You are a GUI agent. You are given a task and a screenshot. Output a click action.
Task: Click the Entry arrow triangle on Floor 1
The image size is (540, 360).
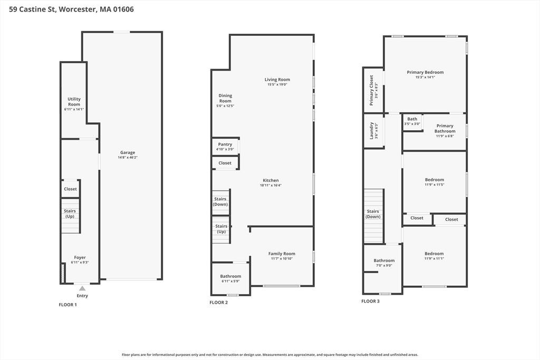(82, 288)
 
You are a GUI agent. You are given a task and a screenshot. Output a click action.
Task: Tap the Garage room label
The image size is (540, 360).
(128, 152)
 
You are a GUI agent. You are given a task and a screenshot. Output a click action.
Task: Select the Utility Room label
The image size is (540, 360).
(74, 102)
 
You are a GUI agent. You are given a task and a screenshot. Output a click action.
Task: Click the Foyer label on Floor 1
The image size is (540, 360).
(80, 257)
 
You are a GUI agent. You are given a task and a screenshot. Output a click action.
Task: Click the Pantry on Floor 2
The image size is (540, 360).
(225, 147)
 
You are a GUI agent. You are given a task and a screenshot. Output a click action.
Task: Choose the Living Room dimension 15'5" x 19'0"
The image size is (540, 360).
(277, 84)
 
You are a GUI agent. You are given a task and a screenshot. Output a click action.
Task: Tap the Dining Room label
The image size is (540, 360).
(225, 98)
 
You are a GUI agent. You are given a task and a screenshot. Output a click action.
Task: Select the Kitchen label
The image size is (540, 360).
(271, 180)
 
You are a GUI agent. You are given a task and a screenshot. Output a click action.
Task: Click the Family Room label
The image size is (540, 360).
(282, 254)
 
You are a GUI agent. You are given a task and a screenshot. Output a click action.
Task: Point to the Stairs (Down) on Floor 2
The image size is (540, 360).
(220, 203)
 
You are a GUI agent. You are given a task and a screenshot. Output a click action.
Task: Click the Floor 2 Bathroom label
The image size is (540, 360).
(231, 276)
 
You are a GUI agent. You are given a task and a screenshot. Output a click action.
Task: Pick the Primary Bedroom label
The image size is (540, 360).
(426, 72)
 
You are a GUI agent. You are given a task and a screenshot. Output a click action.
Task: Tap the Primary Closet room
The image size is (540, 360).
(373, 90)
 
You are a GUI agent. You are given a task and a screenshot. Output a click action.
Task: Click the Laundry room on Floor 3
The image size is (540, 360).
(374, 131)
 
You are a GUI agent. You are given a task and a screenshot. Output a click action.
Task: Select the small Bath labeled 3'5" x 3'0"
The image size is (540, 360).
(412, 122)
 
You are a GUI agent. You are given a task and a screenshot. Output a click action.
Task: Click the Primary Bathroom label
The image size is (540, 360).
(445, 129)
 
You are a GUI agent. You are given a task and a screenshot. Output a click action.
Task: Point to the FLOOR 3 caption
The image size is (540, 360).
(371, 301)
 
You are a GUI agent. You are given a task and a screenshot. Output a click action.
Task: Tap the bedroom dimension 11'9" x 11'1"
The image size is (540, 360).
(435, 258)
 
